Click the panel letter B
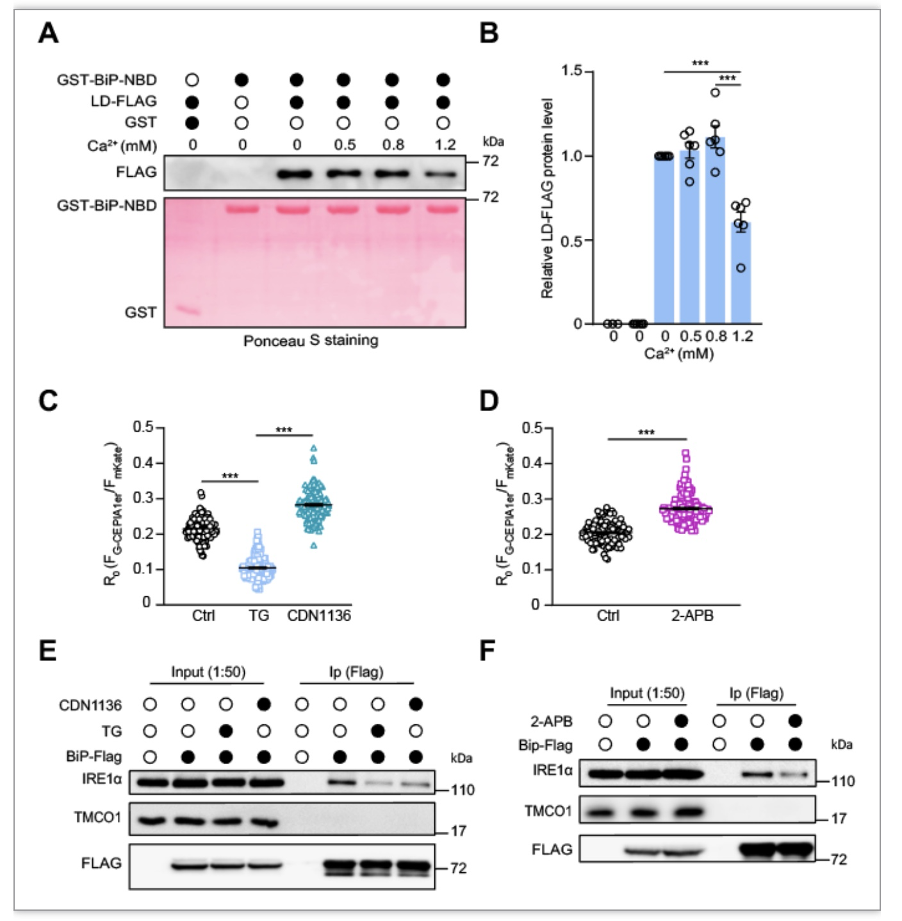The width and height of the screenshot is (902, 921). click(x=489, y=33)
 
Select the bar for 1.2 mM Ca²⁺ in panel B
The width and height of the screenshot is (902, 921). click(x=741, y=272)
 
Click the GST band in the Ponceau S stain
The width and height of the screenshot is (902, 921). click(x=188, y=311)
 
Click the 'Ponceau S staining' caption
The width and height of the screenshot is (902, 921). click(x=311, y=341)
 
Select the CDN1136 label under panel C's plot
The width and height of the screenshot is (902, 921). click(x=319, y=615)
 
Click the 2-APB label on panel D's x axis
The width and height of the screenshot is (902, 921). click(x=692, y=615)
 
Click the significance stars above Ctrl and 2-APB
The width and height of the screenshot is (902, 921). click(x=646, y=432)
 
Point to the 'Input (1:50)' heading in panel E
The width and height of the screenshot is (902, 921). click(x=208, y=672)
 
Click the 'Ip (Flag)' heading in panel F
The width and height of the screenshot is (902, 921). click(x=756, y=693)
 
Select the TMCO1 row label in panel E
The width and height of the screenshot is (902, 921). click(x=97, y=817)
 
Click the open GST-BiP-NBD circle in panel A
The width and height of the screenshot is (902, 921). click(x=192, y=80)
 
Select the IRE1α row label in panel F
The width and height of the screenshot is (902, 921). click(x=552, y=770)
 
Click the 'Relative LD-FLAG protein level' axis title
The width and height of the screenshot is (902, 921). click(x=546, y=198)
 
